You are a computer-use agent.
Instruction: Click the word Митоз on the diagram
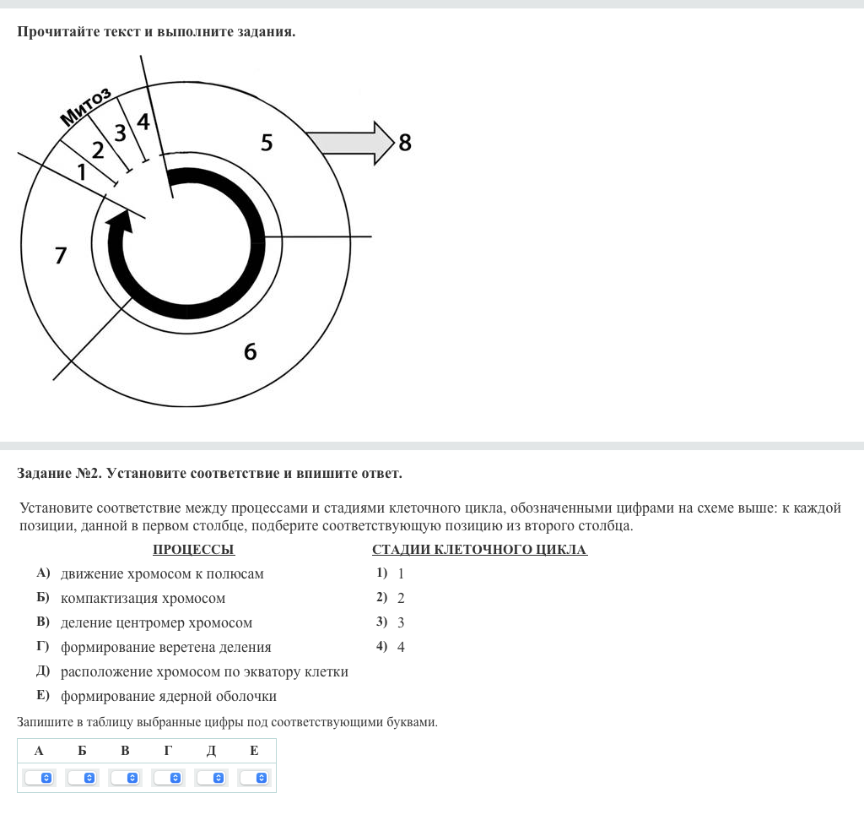[86, 106]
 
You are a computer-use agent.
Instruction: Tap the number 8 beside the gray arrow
[405, 143]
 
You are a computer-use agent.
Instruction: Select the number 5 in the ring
[267, 143]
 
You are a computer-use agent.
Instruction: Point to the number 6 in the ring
[250, 351]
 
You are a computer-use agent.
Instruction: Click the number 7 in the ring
[60, 255]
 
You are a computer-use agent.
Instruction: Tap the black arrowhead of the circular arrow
[119, 222]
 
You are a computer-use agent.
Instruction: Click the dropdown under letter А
[39, 778]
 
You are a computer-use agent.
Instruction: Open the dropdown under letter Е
[254, 778]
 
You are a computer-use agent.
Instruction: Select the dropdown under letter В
[125, 778]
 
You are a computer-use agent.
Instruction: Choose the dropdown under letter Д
[211, 778]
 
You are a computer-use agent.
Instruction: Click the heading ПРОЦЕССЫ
[193, 550]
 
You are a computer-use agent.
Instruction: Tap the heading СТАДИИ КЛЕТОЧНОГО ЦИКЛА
[479, 550]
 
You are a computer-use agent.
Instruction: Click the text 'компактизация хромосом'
[143, 599]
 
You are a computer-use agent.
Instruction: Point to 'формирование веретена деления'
[165, 648]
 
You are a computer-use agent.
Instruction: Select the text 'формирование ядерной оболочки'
[168, 697]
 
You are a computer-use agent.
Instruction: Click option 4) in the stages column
[391, 648]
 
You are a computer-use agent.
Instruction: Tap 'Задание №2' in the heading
[58, 474]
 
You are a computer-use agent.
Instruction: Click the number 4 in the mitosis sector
[143, 122]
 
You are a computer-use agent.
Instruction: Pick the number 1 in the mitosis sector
[81, 172]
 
